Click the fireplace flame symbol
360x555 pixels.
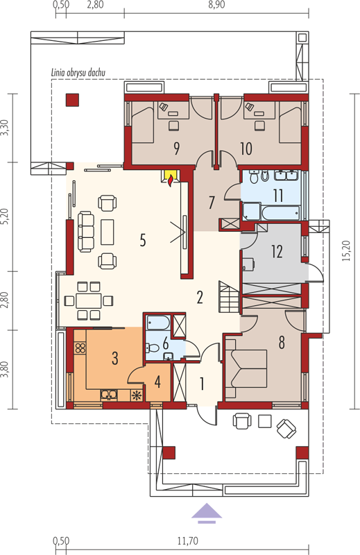coord(171,180)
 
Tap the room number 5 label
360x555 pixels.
coord(142,240)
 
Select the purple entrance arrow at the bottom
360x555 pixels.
coord(207,513)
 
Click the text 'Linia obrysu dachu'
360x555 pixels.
coord(78,73)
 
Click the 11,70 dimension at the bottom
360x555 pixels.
coord(187,541)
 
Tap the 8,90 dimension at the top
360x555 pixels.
coord(217,5)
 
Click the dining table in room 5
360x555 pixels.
coord(89,301)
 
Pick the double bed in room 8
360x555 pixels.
coord(246,368)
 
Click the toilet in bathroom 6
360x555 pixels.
coord(152,348)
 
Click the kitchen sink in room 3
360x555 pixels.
coord(109,395)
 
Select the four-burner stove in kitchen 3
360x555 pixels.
coord(80,348)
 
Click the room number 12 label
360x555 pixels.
coord(277,251)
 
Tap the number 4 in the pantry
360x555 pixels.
coord(157,382)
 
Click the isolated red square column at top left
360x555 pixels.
coord(72,100)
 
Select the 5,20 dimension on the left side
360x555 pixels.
coord(5,217)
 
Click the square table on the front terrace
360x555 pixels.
coord(265,421)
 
